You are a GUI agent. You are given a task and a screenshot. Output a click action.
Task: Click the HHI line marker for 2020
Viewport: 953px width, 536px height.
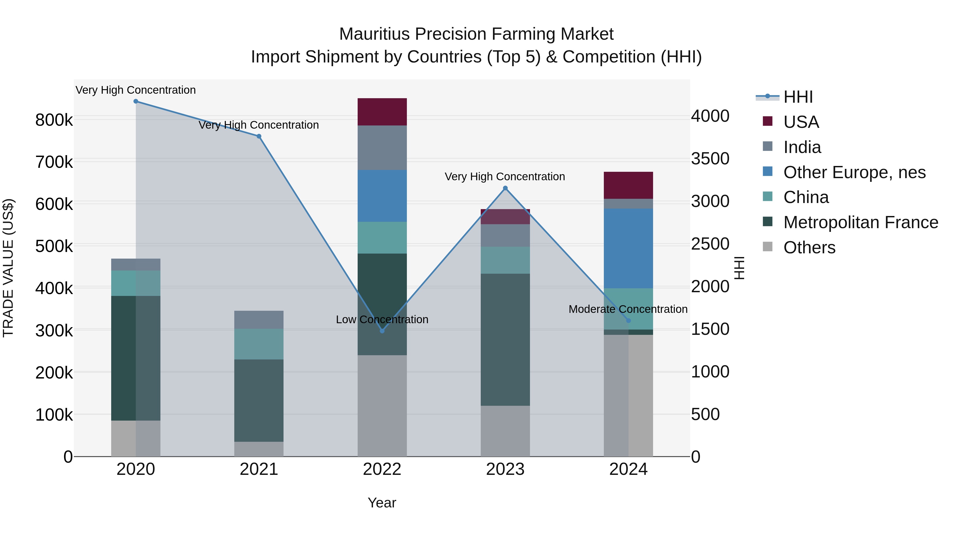[x=136, y=101]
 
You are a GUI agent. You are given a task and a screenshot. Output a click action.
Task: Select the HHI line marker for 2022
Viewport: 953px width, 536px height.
[x=382, y=331]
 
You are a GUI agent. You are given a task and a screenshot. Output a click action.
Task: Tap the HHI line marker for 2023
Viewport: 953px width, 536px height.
[x=505, y=188]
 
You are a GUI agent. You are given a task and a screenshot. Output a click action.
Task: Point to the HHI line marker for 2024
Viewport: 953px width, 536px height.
[x=628, y=321]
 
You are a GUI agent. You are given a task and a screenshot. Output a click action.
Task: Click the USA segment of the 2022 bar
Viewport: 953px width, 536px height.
[x=382, y=112]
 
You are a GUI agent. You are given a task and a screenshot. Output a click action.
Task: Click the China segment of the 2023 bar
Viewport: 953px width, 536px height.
[x=505, y=260]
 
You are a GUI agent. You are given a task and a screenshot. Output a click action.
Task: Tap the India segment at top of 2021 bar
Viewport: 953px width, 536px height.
[x=259, y=319]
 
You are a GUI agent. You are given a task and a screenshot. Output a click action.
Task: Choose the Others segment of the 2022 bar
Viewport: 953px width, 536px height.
[x=382, y=406]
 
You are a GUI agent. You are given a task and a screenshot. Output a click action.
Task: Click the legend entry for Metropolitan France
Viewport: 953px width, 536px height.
[x=861, y=222]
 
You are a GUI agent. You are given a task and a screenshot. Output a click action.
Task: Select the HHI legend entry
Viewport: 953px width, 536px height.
[x=798, y=97]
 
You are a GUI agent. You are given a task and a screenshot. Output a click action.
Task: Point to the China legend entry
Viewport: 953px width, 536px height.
[x=806, y=197]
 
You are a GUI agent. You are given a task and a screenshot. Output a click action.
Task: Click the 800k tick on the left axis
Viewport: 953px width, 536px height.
[x=54, y=120]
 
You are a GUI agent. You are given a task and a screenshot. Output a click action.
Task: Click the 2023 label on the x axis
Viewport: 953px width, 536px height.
[x=505, y=469]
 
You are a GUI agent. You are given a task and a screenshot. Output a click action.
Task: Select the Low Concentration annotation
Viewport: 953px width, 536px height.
[x=382, y=319]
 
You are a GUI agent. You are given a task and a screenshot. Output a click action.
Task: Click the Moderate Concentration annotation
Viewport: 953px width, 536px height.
[x=628, y=309]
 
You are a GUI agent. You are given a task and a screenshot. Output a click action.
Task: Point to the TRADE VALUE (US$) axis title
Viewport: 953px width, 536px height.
[x=8, y=268]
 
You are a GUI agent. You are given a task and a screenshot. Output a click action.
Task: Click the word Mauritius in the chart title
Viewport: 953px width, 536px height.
[x=375, y=34]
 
